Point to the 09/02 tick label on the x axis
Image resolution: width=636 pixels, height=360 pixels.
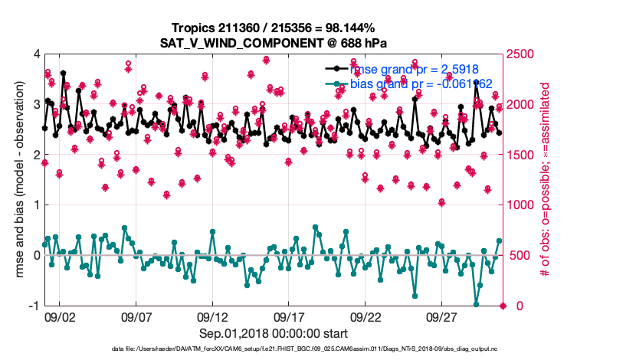click(x=60, y=316)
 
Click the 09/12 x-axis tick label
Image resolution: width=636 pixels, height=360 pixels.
click(x=213, y=316)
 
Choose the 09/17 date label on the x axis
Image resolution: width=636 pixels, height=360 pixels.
click(x=290, y=316)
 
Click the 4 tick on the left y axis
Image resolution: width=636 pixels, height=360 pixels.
click(x=36, y=54)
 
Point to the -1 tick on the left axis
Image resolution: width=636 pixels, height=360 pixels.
click(x=34, y=306)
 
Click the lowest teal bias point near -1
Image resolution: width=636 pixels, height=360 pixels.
click(x=477, y=305)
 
